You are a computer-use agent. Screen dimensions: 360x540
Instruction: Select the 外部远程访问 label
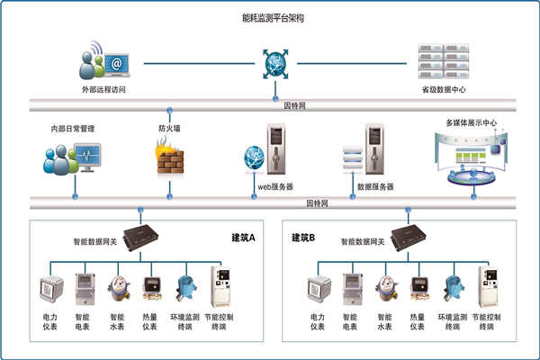[105, 90]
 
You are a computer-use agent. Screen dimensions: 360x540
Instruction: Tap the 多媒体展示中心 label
[472, 122]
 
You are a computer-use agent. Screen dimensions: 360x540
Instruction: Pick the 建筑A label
[244, 238]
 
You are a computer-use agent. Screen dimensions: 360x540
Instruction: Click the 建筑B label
[303, 238]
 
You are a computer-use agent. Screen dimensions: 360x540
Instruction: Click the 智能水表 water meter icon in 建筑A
[117, 288]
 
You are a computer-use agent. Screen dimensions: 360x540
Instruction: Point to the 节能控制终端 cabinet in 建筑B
[489, 287]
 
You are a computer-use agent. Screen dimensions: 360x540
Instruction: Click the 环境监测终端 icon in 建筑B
[454, 288]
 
